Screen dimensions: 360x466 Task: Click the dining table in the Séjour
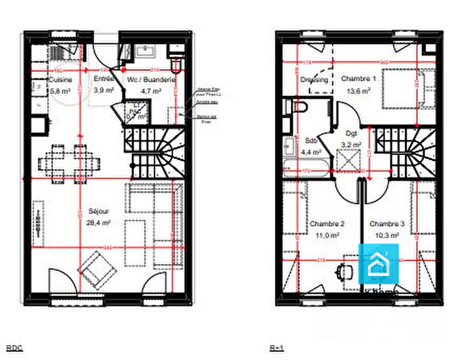coord(69,163)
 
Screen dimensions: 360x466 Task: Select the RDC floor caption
coord(14,348)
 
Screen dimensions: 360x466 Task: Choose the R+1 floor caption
coord(277,348)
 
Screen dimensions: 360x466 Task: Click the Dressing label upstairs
coord(314,80)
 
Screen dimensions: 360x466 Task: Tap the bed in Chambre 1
coord(405,91)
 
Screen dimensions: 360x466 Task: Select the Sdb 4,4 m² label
coord(310,146)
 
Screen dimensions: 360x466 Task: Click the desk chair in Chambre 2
coord(343,272)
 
